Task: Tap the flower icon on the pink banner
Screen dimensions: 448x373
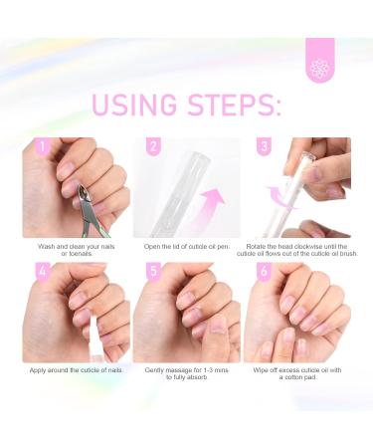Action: point(319,68)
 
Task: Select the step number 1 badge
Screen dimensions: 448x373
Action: point(43,147)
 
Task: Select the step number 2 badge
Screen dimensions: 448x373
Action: point(153,147)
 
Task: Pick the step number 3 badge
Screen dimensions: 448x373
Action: point(265,147)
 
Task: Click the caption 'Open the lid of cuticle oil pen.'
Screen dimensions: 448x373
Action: point(187,244)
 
